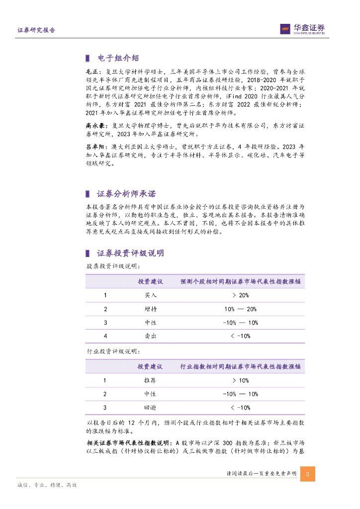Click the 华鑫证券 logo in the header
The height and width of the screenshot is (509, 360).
(x=302, y=29)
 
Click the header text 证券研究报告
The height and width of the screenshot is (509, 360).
(x=36, y=30)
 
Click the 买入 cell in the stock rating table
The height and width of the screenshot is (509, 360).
(x=150, y=295)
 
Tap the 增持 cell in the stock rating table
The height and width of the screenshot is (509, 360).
(x=150, y=309)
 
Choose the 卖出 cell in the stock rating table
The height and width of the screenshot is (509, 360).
(x=150, y=337)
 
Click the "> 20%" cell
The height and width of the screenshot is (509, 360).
(x=241, y=295)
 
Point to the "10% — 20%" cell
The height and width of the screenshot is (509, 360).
(x=241, y=309)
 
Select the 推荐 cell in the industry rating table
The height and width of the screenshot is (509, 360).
(x=150, y=381)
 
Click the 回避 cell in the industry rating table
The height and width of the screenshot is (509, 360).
(x=150, y=408)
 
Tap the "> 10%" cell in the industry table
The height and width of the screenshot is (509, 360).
(x=241, y=381)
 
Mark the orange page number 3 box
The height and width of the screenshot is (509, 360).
(x=307, y=474)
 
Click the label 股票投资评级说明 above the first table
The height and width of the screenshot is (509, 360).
(x=106, y=266)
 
